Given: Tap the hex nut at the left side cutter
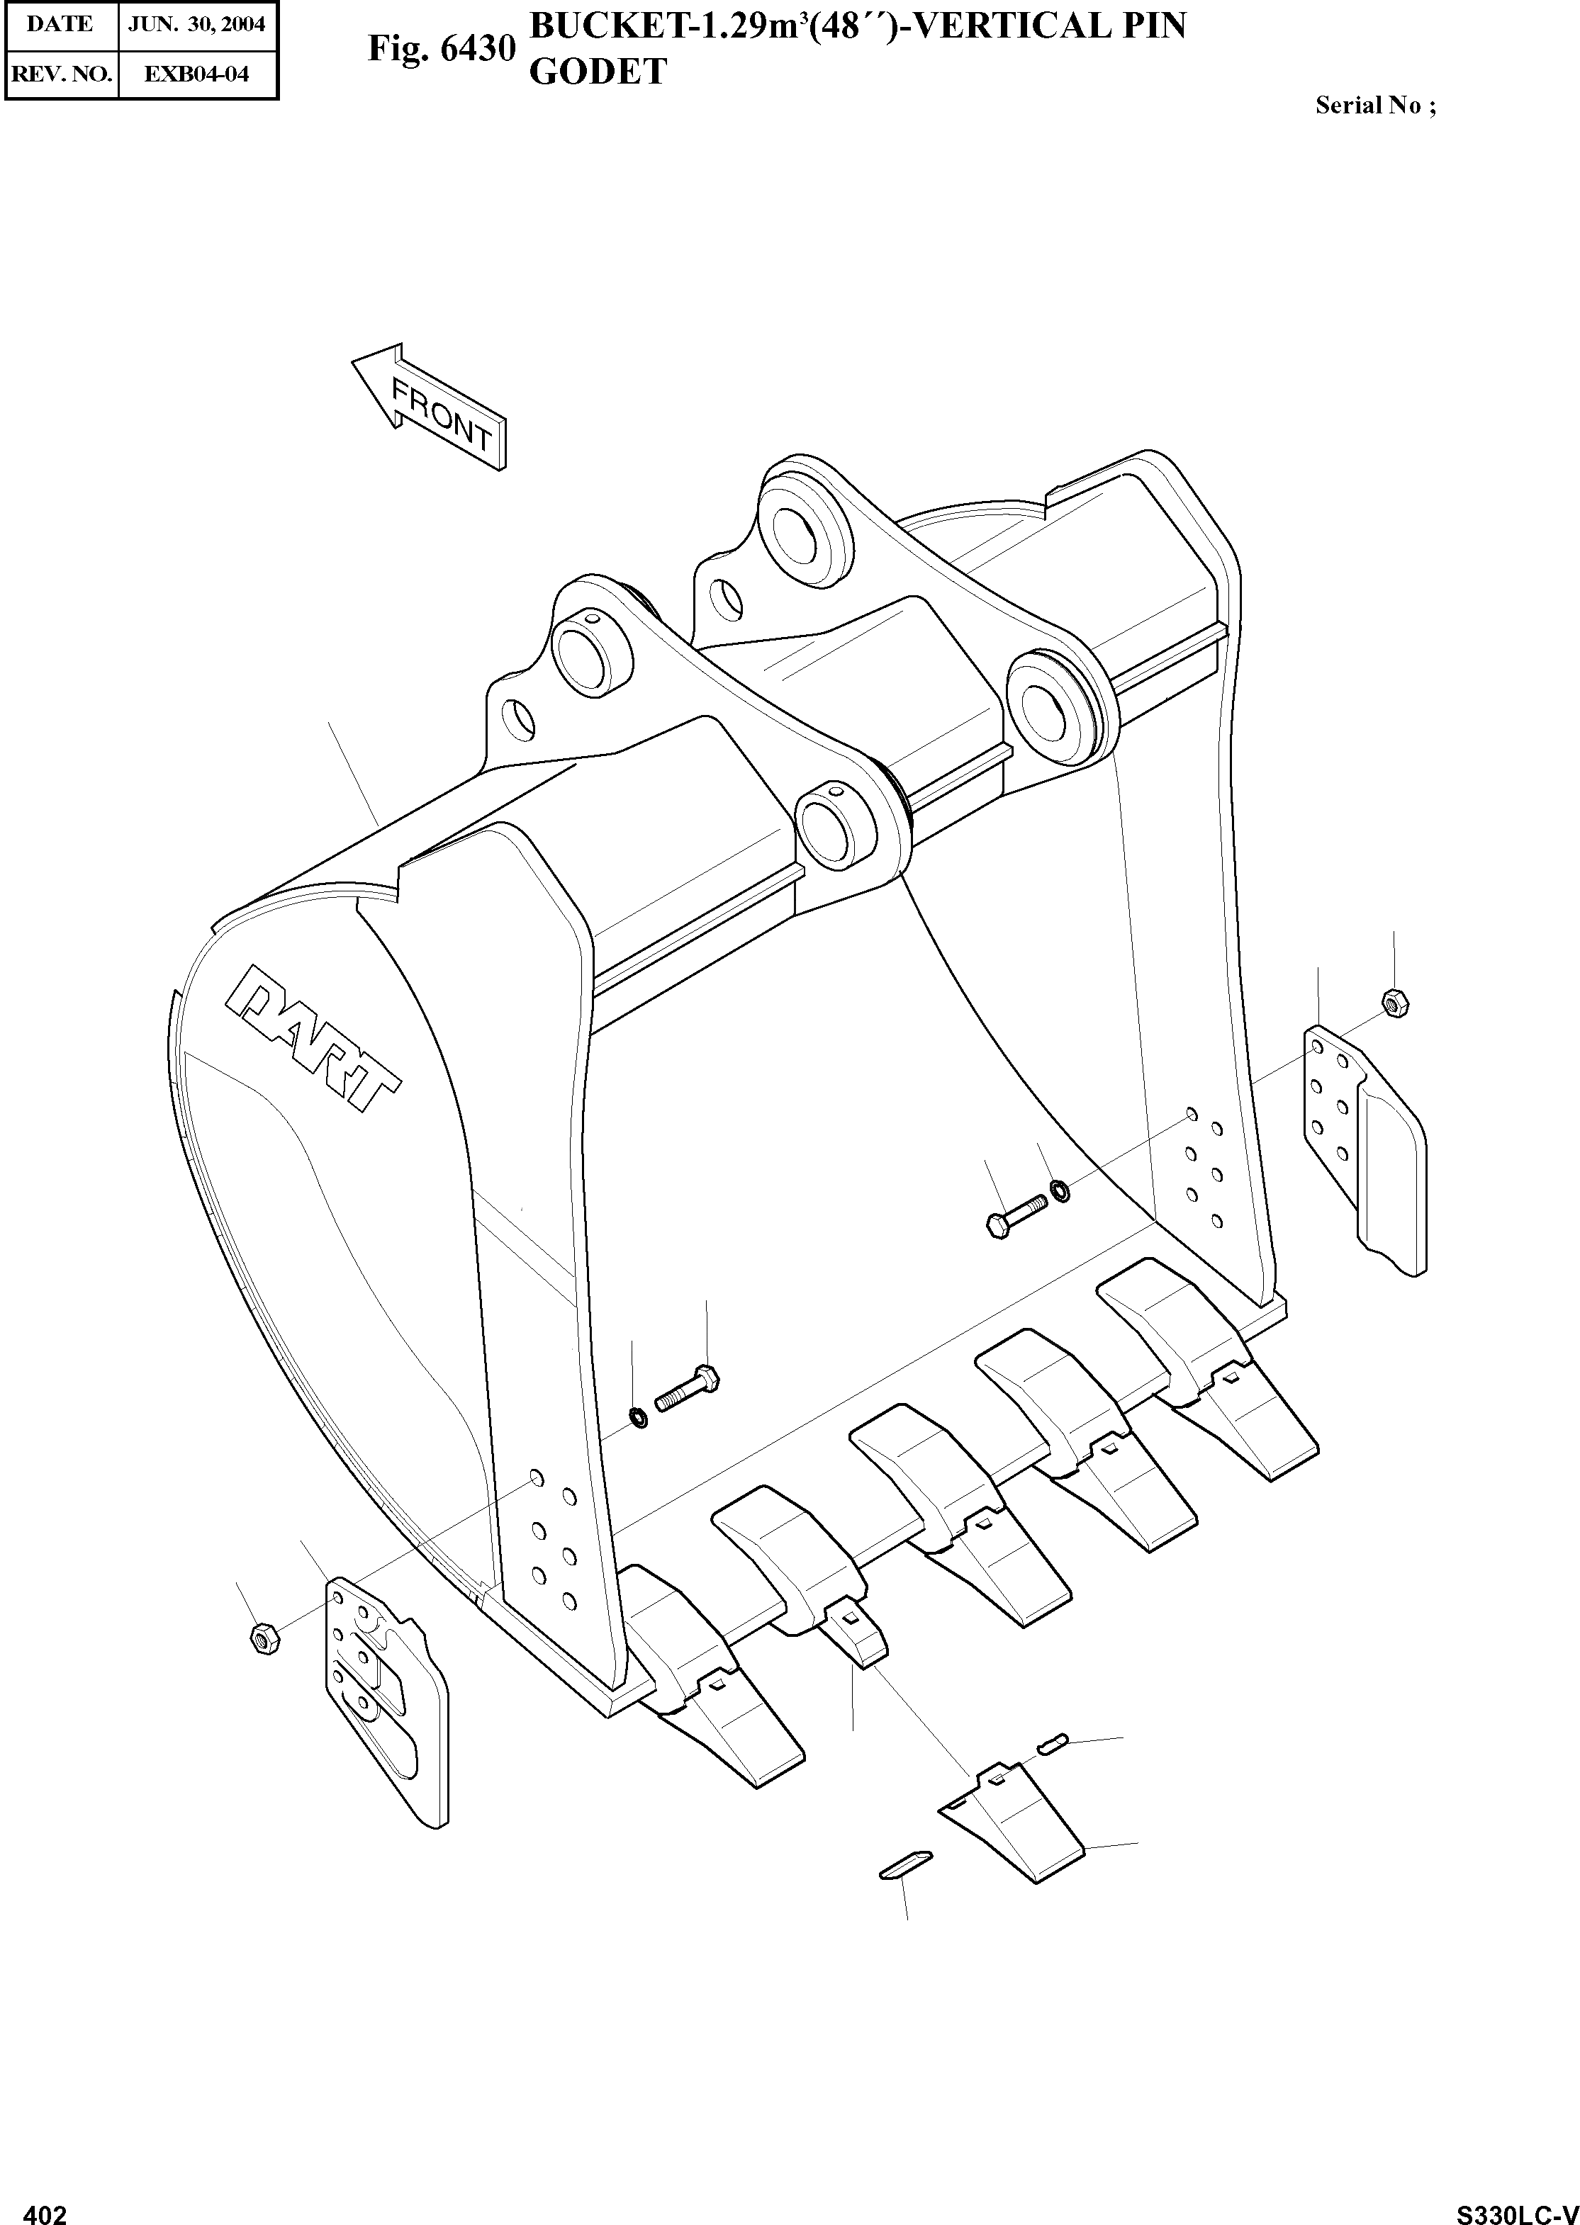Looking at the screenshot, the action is tap(264, 1638).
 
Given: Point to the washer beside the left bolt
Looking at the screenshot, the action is tap(638, 1418).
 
